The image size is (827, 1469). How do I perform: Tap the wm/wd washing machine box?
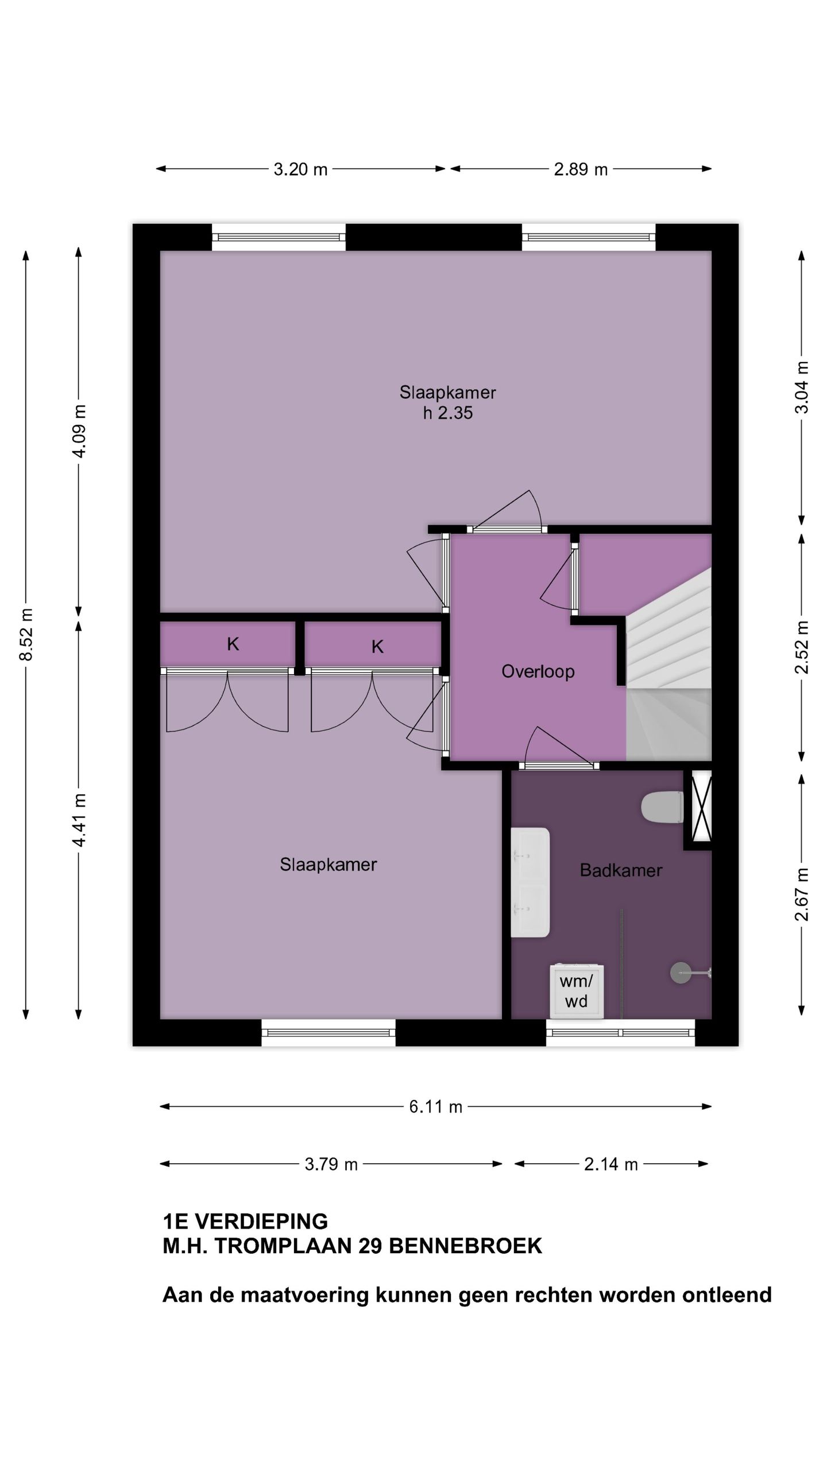(576, 991)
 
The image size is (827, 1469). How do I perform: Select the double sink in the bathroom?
(530, 882)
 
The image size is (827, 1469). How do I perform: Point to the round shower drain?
(681, 973)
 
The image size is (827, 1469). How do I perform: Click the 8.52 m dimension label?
(26, 634)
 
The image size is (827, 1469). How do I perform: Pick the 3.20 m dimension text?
(300, 169)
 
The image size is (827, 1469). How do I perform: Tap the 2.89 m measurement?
(581, 169)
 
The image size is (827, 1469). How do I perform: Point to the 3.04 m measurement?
(802, 387)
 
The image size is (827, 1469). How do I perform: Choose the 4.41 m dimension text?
(79, 820)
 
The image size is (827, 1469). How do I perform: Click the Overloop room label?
(538, 671)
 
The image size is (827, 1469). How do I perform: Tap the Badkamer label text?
(621, 870)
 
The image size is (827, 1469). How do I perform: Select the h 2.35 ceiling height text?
(448, 413)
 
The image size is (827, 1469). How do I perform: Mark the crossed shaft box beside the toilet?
(701, 808)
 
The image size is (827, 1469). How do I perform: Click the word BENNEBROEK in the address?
(465, 1246)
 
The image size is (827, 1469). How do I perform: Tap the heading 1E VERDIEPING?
(245, 1221)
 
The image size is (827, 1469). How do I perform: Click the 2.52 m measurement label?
(802, 647)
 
